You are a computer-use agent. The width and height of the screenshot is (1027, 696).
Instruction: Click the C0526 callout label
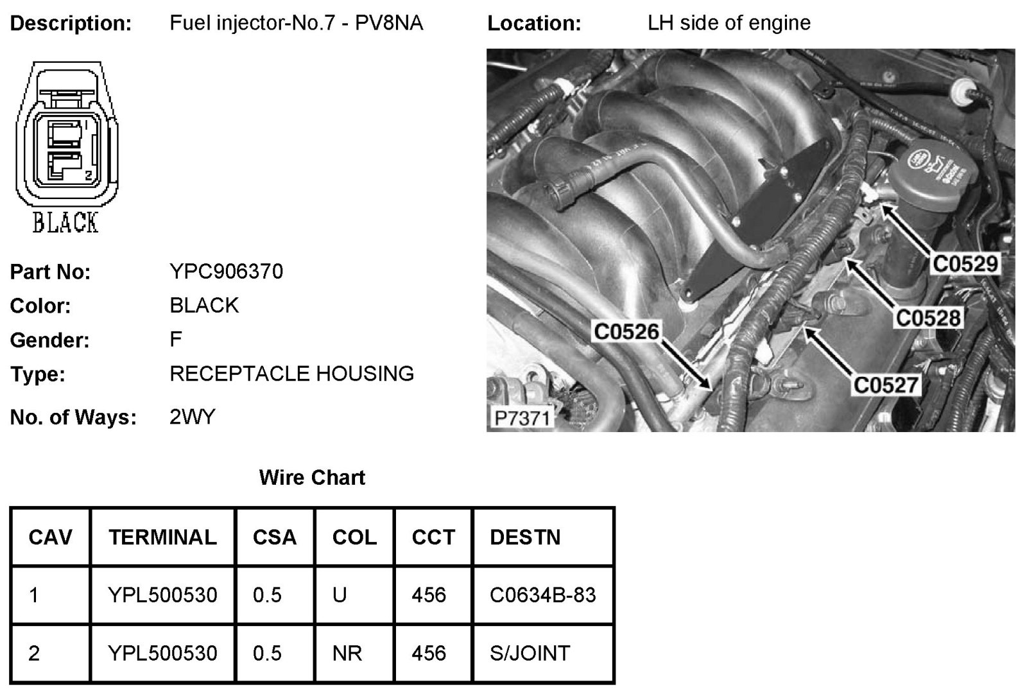(x=626, y=331)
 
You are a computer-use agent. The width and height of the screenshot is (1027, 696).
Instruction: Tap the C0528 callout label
(x=928, y=318)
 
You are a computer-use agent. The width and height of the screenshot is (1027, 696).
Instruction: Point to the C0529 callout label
(x=965, y=263)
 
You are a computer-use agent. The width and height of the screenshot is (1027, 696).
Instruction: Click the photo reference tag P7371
(x=522, y=418)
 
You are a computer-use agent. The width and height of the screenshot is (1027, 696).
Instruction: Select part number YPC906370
(x=226, y=272)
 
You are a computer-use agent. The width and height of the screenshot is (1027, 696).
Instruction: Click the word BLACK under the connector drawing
(x=65, y=223)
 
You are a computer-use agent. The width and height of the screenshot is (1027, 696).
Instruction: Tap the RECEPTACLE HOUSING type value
(x=291, y=374)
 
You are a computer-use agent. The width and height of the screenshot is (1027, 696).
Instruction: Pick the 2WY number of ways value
(x=192, y=417)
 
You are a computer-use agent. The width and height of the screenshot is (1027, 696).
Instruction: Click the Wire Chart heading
(x=312, y=478)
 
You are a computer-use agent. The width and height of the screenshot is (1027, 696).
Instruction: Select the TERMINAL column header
(x=162, y=537)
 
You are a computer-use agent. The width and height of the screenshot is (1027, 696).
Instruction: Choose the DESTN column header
(x=524, y=537)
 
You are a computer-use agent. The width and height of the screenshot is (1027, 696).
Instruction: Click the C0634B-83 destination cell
(x=542, y=595)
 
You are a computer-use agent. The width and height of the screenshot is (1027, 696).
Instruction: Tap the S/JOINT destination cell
(x=530, y=653)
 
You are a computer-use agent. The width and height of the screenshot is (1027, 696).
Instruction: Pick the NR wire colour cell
(x=347, y=653)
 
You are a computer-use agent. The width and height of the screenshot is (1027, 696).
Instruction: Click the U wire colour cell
(x=340, y=595)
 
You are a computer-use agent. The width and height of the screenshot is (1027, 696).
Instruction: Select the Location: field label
(x=534, y=24)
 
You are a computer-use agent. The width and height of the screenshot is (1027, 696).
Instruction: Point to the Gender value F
(x=176, y=339)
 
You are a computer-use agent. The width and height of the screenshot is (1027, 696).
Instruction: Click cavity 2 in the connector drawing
(x=64, y=168)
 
